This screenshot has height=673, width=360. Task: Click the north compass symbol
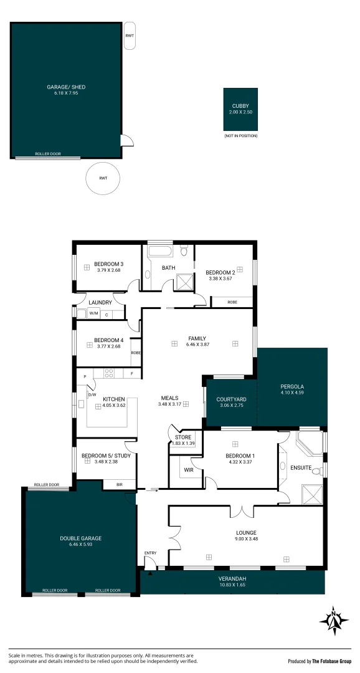coord(334,621)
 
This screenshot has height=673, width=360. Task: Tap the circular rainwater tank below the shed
coord(103,178)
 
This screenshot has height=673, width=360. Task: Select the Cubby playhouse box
coord(240,109)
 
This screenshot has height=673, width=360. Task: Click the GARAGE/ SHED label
coord(66,87)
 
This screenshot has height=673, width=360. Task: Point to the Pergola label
coord(291,386)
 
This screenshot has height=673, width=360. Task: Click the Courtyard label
coord(231,399)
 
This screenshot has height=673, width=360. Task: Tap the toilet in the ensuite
coord(316,471)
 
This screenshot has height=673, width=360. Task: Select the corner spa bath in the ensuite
coord(310,443)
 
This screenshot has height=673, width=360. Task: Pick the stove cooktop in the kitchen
coord(108,373)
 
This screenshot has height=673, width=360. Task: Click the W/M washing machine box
coord(93,314)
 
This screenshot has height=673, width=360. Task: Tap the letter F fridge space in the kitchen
coord(131,374)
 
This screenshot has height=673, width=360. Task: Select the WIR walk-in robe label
coord(188,470)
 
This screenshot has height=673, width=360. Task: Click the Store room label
coord(182,437)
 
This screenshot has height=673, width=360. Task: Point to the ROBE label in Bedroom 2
coord(232,302)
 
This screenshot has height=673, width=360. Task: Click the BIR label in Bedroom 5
coord(120,485)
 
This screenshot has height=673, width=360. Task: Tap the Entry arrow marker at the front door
coord(150,573)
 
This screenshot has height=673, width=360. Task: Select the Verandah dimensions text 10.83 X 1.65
coord(232,584)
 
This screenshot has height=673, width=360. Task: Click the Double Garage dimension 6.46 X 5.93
coord(81,544)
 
